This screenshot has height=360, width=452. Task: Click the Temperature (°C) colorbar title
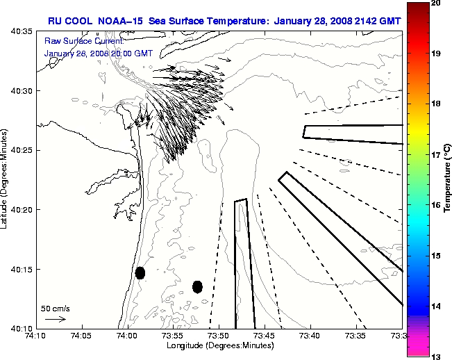pyautogui.click(x=448, y=179)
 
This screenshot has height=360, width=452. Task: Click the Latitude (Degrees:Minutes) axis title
pyautogui.click(x=6, y=179)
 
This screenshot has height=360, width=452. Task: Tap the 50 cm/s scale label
pyautogui.click(x=56, y=308)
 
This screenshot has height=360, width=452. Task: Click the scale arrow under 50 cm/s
pyautogui.click(x=55, y=319)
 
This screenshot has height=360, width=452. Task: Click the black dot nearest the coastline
pyautogui.click(x=140, y=272)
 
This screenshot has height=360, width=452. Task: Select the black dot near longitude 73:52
pyautogui.click(x=197, y=286)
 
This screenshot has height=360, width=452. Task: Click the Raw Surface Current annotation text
pyautogui.click(x=78, y=41)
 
